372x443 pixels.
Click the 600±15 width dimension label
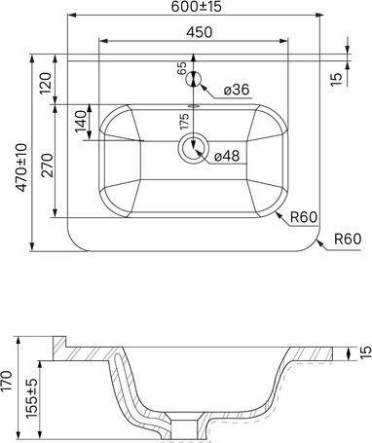tap(196, 7)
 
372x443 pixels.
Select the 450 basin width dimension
tap(200, 32)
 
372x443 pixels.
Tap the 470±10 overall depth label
tap(22, 167)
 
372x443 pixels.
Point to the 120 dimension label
tap(45, 83)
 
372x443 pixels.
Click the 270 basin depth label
tap(48, 166)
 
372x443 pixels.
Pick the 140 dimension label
tap(81, 122)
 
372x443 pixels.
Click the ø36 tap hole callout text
tap(237, 90)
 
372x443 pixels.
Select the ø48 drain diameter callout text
tap(227, 157)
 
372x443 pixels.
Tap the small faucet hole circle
tap(194, 79)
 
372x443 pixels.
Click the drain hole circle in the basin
tap(194, 149)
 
